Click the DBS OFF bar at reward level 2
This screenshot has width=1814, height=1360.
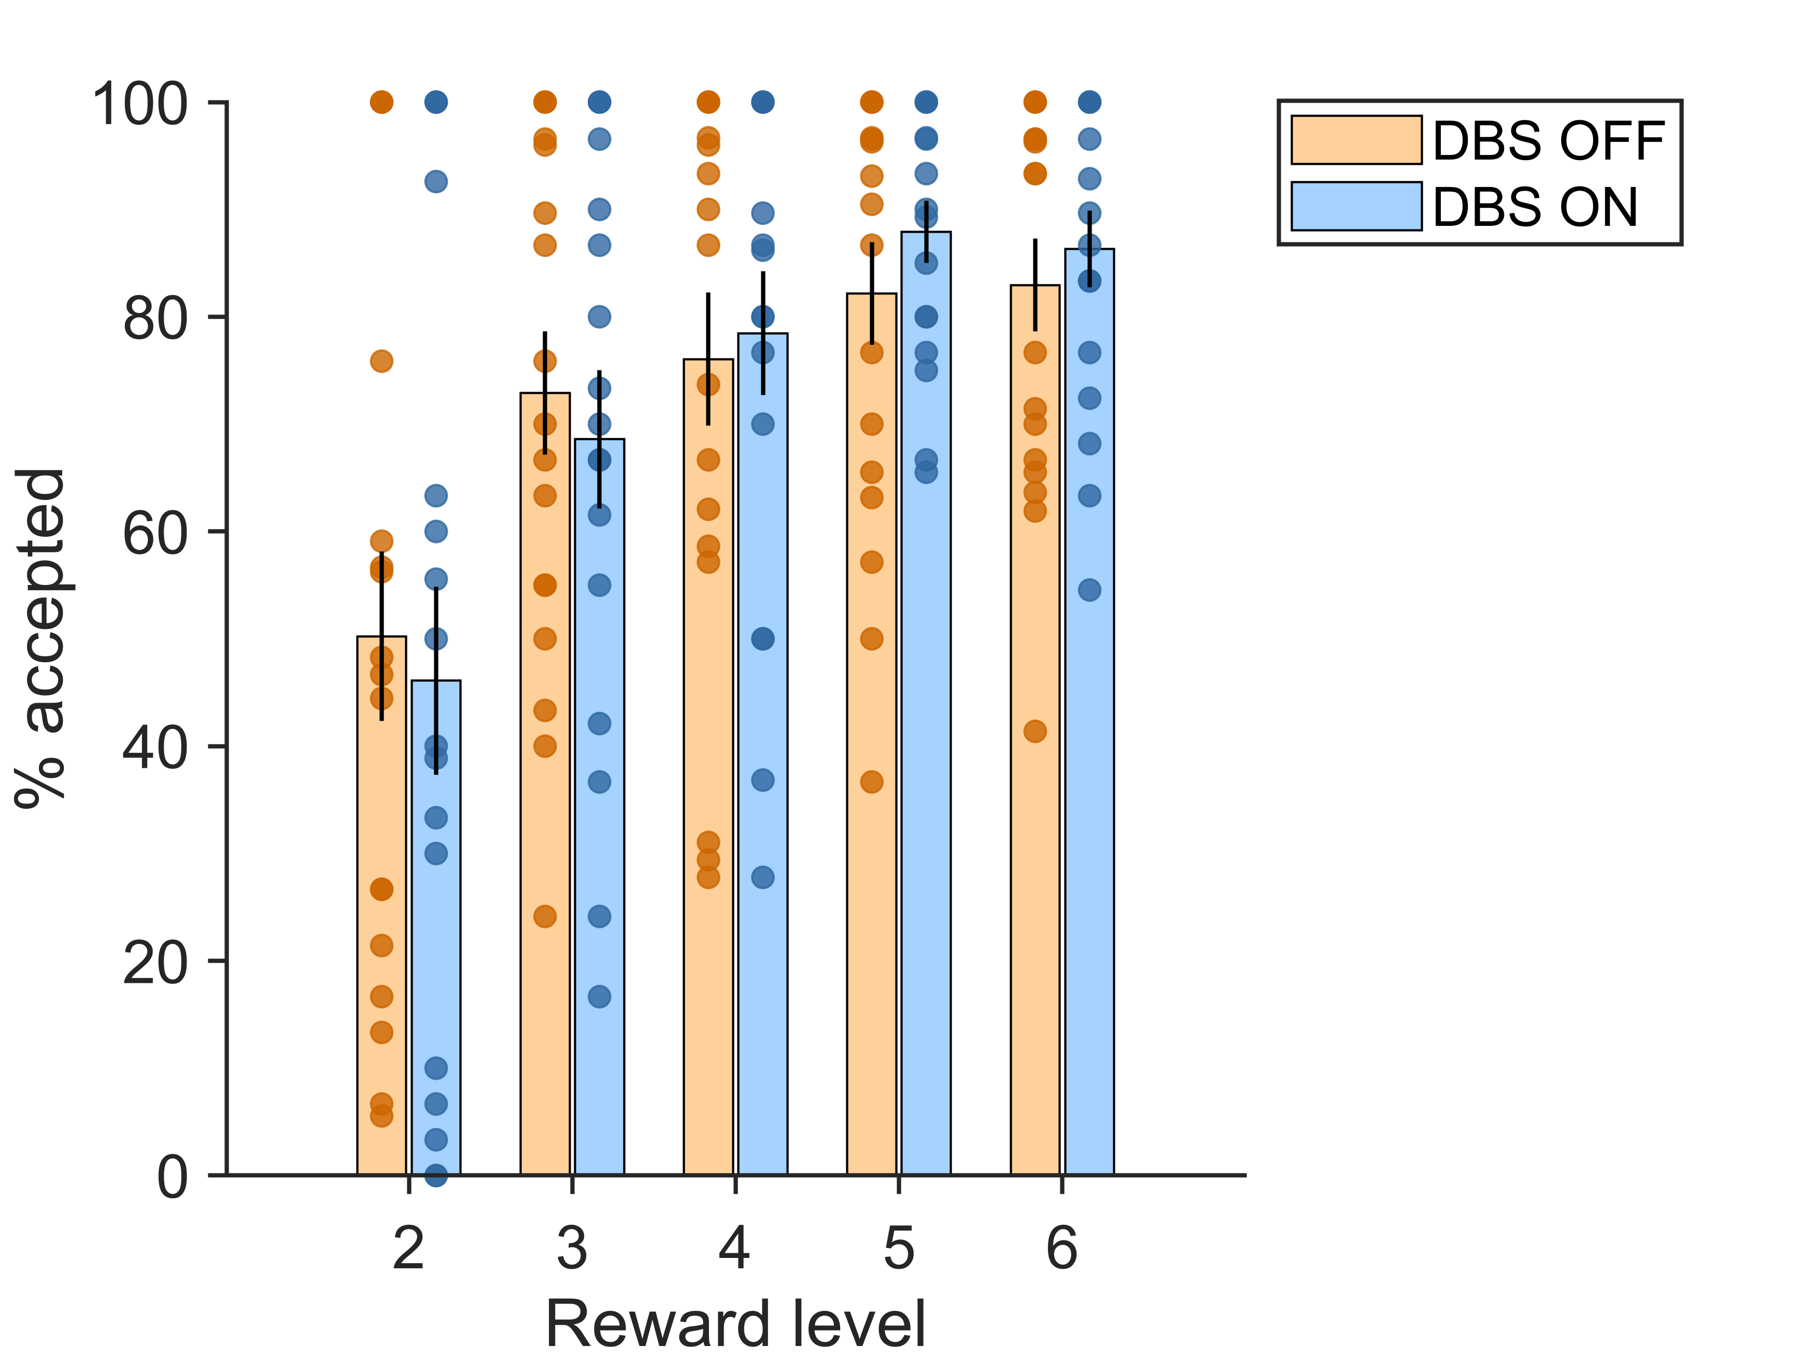[381, 820]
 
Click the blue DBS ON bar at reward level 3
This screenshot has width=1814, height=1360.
[600, 861]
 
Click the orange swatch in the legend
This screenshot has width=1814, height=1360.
[1356, 140]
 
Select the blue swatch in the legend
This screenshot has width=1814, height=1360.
[1356, 206]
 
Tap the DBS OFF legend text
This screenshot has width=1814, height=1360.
[1548, 141]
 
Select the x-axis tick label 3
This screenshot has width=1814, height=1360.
[572, 1249]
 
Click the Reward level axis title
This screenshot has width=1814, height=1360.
[735, 1324]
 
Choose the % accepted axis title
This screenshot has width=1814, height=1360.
[41, 639]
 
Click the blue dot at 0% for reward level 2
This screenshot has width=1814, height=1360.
[435, 1175]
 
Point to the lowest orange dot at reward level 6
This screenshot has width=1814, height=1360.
[1035, 731]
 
